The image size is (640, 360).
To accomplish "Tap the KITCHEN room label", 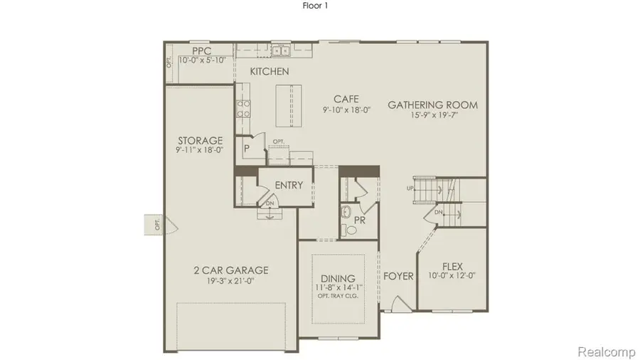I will click(x=269, y=71).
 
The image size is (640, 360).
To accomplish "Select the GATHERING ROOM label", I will click(x=432, y=105).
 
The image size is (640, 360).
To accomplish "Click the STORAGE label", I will click(x=200, y=140).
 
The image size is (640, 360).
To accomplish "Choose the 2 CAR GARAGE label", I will click(x=231, y=270).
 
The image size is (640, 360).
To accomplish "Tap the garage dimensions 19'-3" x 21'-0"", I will click(x=231, y=280).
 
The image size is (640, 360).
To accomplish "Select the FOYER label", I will click(x=398, y=276).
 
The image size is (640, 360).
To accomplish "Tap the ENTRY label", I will click(x=288, y=185).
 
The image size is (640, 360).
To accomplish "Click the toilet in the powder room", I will click(x=348, y=213).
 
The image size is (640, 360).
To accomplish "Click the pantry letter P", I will click(x=246, y=148).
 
